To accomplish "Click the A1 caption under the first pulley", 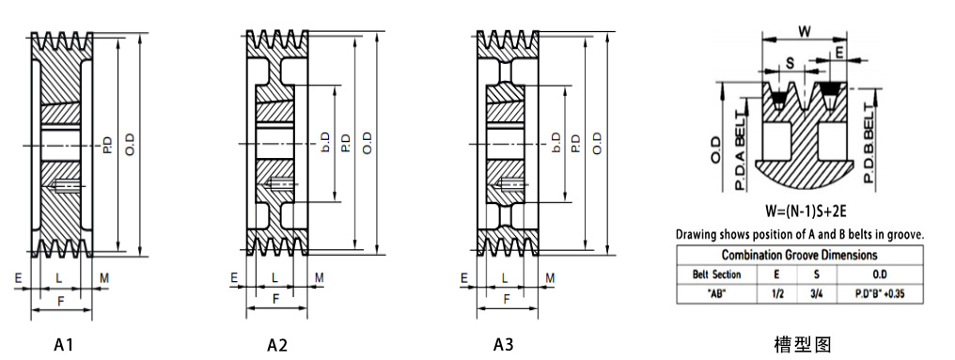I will pyautogui.click(x=64, y=345).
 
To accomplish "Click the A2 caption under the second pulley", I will pyautogui.click(x=277, y=345).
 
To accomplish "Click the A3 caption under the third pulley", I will pyautogui.click(x=504, y=345).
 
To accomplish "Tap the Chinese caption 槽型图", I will pyautogui.click(x=803, y=345).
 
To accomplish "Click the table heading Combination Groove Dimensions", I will pyautogui.click(x=799, y=255).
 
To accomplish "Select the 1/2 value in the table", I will pyautogui.click(x=776, y=294).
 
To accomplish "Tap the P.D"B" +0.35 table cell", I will pyautogui.click(x=879, y=294).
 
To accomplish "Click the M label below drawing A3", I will pyautogui.click(x=550, y=277).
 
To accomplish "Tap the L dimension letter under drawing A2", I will pyautogui.click(x=274, y=277).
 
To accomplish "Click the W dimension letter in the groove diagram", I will pyautogui.click(x=805, y=31).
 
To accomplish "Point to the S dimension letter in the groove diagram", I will pyautogui.click(x=790, y=63).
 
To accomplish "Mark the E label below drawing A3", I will pyautogui.click(x=463, y=277).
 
